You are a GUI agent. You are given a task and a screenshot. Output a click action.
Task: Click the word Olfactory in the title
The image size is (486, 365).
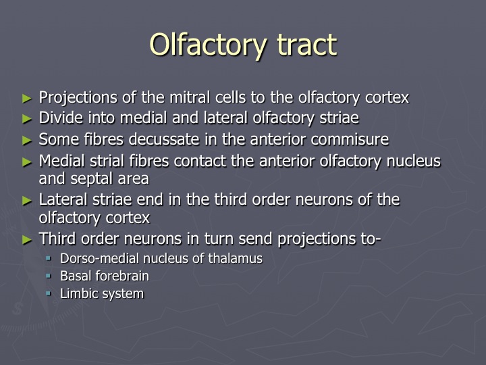click(208, 45)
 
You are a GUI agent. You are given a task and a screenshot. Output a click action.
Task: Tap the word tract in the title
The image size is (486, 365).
click(307, 45)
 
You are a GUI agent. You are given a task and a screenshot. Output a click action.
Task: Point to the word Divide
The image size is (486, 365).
click(61, 118)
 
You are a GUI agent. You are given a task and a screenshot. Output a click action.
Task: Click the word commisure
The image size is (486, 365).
click(350, 139)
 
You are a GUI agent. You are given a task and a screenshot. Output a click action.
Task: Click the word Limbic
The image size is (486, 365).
click(76, 293)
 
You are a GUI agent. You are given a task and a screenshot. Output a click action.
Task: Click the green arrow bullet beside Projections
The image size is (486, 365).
click(27, 99)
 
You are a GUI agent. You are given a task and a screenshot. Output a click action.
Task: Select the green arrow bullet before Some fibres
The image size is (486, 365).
click(27, 141)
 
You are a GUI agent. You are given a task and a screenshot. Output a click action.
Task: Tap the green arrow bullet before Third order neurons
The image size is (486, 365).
click(27, 240)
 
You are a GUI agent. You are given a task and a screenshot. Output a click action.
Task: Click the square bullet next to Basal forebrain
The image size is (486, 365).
click(49, 275)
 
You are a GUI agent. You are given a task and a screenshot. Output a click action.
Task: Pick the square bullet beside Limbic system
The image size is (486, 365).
click(49, 293)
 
